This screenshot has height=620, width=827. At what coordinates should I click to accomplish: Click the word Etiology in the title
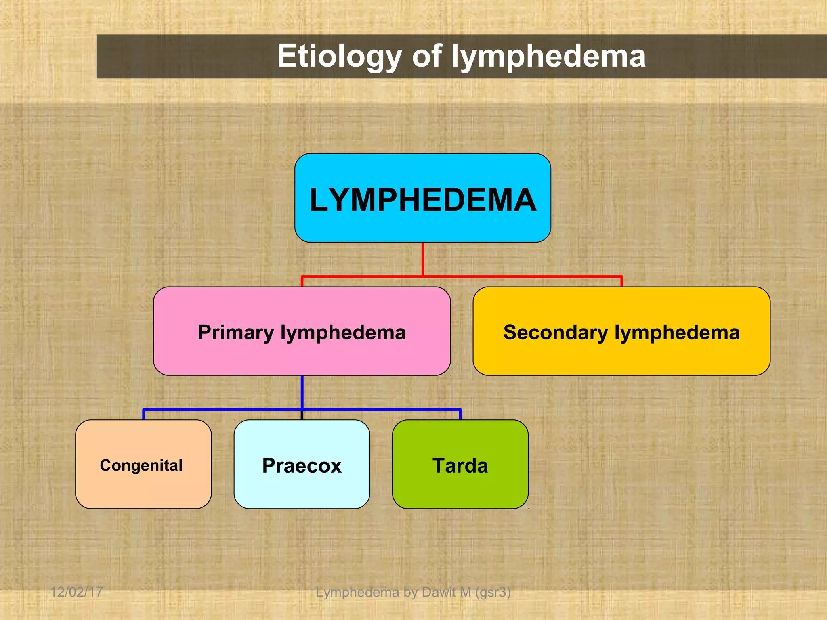[339, 57]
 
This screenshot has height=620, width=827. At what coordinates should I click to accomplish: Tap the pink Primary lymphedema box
[302, 355]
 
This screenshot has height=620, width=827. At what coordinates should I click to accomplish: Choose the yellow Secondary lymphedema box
[621, 355]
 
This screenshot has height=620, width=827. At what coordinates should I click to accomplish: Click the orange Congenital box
[143, 488]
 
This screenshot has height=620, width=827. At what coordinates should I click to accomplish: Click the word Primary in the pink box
[236, 333]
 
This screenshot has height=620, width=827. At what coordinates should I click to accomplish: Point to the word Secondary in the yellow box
[555, 333]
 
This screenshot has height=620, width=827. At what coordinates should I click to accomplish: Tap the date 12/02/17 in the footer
[76, 592]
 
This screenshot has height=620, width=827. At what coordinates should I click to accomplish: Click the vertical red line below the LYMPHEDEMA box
[422, 259]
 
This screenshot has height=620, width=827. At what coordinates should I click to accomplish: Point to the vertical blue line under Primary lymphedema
[302, 392]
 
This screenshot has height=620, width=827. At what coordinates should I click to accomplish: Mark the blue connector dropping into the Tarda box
[460, 415]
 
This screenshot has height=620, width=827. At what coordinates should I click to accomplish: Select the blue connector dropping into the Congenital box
[143, 415]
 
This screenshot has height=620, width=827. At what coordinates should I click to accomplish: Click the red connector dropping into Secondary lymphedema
[621, 281]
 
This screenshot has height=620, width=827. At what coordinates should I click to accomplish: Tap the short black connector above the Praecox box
[302, 416]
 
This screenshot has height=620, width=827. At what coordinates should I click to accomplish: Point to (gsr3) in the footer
[493, 592]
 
